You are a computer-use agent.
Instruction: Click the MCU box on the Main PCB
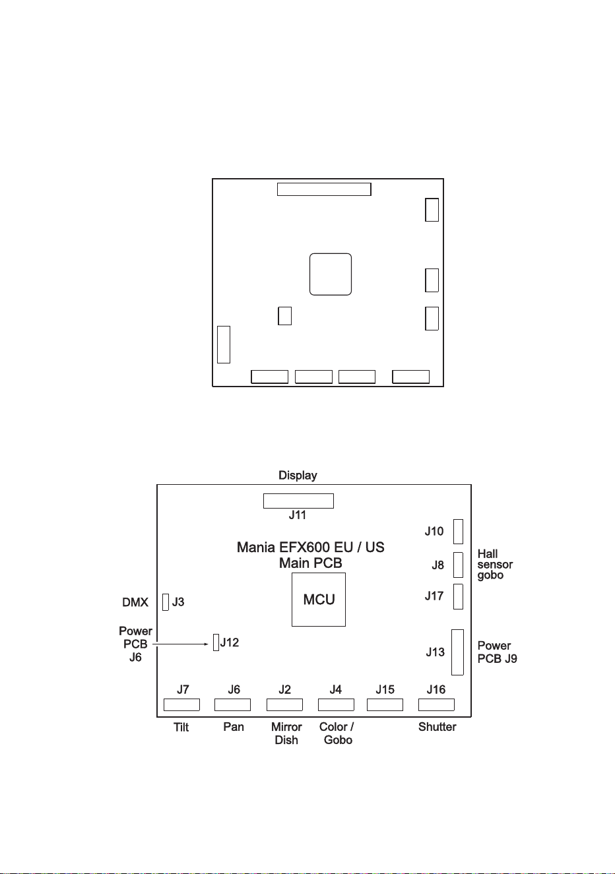(x=319, y=600)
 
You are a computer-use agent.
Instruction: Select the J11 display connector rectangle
(x=298, y=501)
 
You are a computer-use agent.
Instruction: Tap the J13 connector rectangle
(x=457, y=652)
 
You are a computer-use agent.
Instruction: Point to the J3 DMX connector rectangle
(x=166, y=602)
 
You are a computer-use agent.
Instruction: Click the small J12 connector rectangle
(x=216, y=642)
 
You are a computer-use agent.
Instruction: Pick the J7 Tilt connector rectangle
(x=181, y=704)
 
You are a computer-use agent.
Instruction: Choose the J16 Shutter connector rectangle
(x=436, y=704)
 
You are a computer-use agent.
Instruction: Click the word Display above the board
(x=298, y=475)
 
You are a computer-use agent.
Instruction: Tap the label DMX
(x=135, y=602)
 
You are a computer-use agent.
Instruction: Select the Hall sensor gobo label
(x=495, y=564)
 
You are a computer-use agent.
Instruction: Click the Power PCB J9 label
(x=497, y=652)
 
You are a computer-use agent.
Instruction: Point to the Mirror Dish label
(x=286, y=733)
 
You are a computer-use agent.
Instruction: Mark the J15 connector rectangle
(x=385, y=704)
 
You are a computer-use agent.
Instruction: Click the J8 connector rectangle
(x=458, y=565)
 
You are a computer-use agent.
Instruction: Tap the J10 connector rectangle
(x=458, y=532)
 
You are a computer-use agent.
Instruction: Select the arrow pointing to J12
(x=180, y=644)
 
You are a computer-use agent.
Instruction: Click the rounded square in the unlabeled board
(x=331, y=274)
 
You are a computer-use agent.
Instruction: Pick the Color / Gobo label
(x=337, y=733)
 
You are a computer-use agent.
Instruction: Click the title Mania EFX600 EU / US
(x=311, y=547)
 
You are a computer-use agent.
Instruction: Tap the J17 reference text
(x=434, y=596)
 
